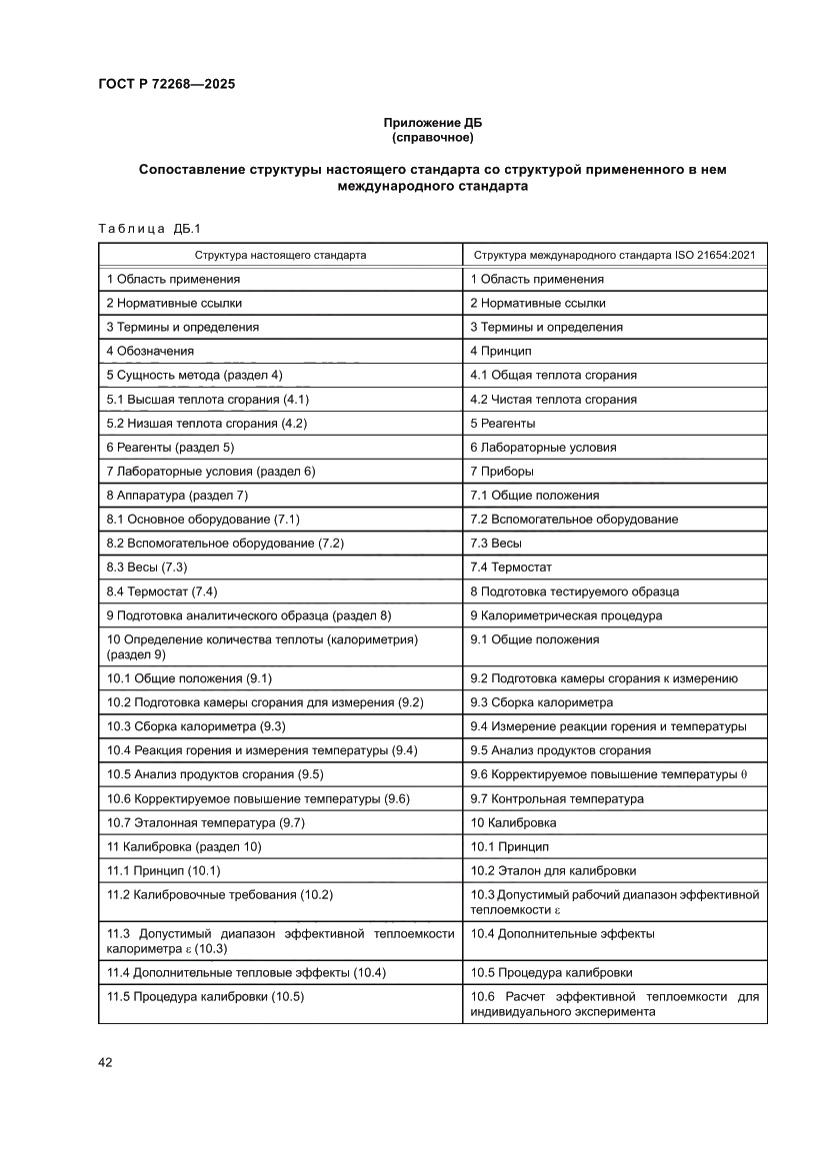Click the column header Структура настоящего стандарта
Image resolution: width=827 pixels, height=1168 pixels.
280,255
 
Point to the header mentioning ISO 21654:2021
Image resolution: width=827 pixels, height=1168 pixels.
614,255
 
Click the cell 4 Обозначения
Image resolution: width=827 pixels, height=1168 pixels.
150,351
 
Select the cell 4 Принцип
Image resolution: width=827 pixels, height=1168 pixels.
501,351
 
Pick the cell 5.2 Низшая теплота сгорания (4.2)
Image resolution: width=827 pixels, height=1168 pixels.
206,423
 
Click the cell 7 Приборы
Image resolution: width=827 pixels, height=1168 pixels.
502,471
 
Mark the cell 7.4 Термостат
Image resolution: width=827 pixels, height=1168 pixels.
511,567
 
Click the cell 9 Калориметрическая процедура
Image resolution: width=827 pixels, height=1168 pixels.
566,614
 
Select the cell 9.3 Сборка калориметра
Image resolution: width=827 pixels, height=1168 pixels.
542,702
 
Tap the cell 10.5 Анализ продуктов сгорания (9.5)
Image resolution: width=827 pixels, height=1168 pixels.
215,774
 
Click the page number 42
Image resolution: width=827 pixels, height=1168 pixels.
105,1062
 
